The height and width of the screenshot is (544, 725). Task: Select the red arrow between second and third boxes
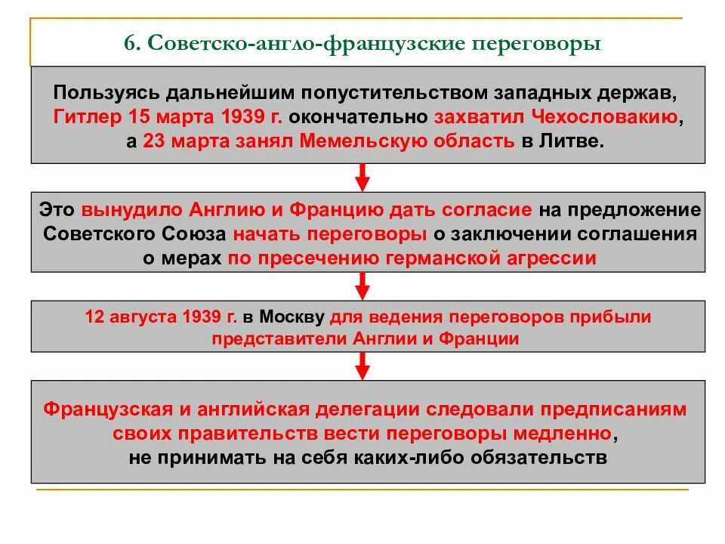click(362, 285)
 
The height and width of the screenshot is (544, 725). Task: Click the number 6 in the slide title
click(131, 45)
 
